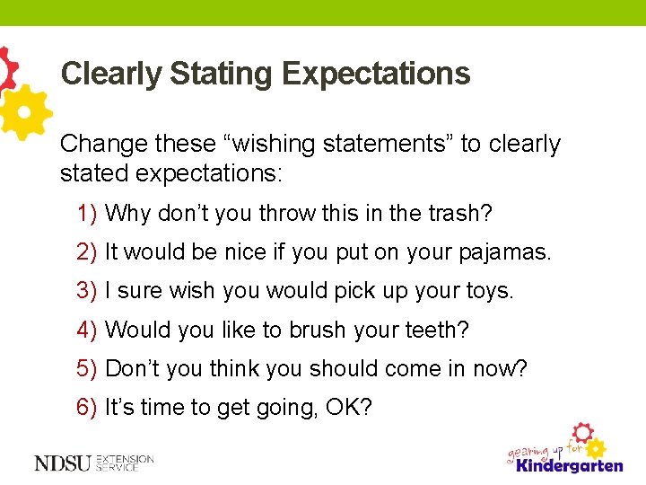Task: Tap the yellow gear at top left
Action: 25,111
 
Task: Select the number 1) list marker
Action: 87,214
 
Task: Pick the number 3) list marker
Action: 87,291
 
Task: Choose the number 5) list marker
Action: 87,368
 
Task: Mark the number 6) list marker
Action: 87,407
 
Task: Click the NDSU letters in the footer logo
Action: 64,463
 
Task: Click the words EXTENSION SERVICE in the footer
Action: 126,463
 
